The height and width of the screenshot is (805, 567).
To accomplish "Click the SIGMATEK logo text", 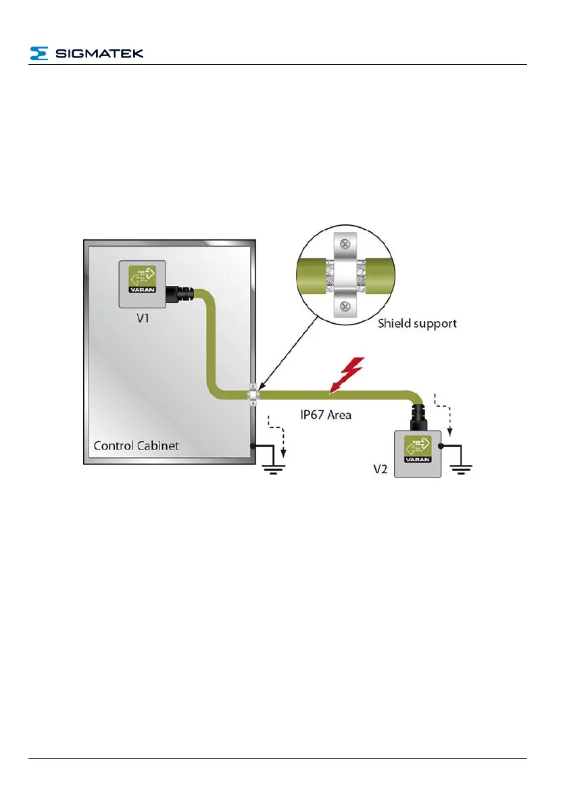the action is tap(99, 53).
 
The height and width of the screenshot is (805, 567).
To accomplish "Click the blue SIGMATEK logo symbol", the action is tap(39, 53).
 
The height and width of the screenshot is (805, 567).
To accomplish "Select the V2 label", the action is tap(381, 469).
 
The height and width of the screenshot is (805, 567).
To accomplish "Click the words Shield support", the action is tap(417, 323).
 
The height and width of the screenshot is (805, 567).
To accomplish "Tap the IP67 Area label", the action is tap(326, 414).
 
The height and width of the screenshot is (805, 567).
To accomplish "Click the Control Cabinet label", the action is tap(137, 445).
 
